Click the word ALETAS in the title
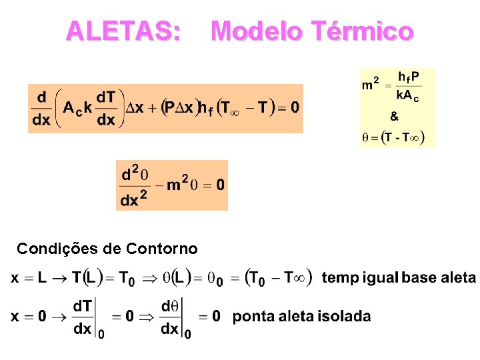123,31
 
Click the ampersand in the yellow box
395,117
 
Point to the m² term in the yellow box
371,85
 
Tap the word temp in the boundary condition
340,278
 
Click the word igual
379,278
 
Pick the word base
420,278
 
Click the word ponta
251,316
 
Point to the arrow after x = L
59,278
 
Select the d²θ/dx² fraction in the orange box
135,185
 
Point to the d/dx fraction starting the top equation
41,109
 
